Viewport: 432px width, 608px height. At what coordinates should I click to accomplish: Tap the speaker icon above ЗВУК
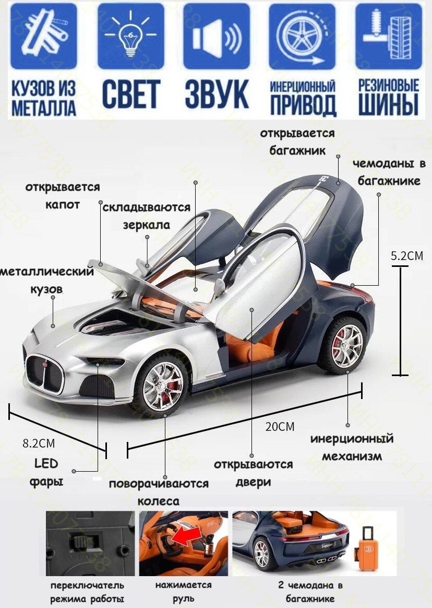[x=216, y=37]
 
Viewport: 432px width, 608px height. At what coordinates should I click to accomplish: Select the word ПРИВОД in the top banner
[x=303, y=106]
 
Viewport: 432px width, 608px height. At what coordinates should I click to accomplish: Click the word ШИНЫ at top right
[x=389, y=104]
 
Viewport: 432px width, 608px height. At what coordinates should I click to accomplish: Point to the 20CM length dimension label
[x=280, y=426]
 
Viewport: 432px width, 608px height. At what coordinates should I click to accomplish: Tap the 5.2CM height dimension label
[x=407, y=256]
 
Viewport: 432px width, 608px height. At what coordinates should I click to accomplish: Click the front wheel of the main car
[x=163, y=385]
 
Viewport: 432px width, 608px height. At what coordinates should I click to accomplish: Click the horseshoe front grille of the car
[x=45, y=373]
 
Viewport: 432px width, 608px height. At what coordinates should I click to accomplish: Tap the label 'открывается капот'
[x=63, y=195]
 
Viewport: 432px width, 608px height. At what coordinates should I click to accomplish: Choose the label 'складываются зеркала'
[x=147, y=216]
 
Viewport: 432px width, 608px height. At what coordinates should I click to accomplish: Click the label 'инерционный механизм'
[x=352, y=447]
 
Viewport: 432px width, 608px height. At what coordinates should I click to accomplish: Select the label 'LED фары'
[x=46, y=472]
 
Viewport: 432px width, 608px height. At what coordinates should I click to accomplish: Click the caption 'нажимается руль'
[x=183, y=591]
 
